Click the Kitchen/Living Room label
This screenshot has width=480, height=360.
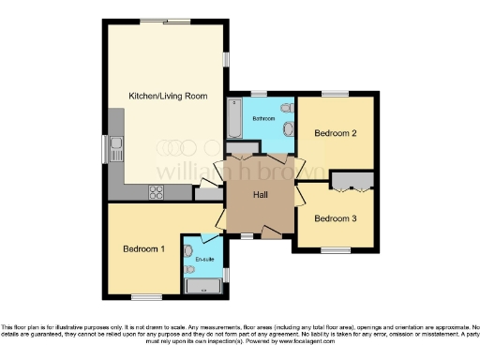(165, 97)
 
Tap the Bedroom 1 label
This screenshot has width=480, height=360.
(144, 249)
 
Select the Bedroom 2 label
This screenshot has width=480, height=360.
(336, 134)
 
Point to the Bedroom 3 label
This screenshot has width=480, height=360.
(335, 218)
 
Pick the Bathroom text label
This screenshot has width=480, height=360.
(262, 119)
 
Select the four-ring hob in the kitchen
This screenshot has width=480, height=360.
(156, 192)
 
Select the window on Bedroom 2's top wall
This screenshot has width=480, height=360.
(336, 93)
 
